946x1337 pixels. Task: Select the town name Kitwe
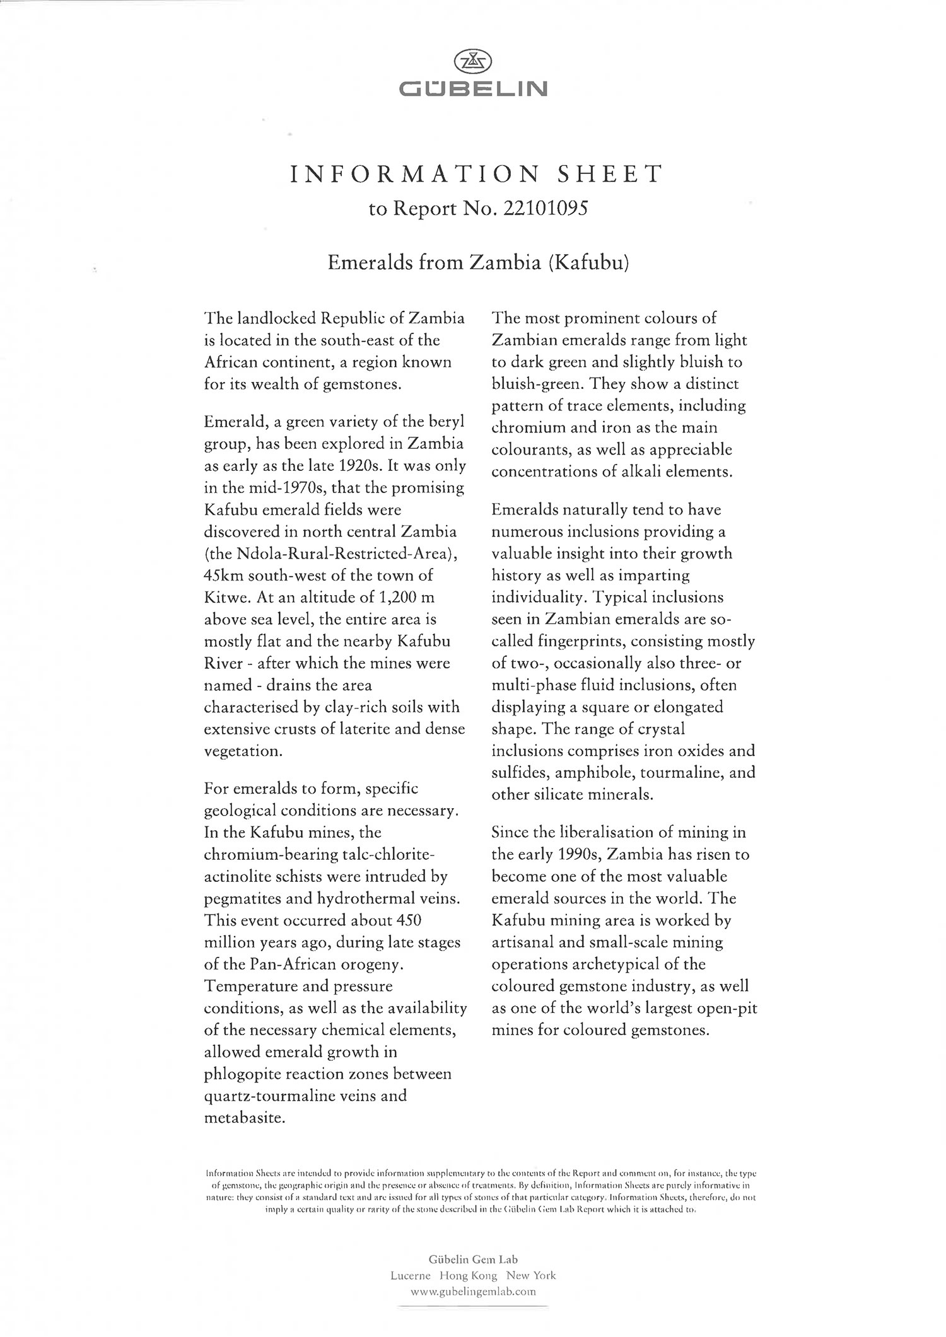(225, 598)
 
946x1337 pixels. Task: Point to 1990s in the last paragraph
(581, 855)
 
